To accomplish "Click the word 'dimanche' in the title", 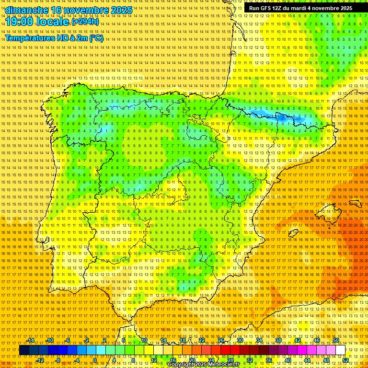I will (27, 10).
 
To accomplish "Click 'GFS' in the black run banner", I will (268, 8).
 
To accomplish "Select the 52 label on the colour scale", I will (345, 360).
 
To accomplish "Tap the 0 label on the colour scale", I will (95, 360).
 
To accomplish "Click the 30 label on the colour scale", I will (240, 340).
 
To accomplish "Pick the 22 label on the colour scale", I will (202, 340).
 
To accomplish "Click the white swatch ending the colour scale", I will (340, 350).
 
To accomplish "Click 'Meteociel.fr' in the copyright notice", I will (223, 365).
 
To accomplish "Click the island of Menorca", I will (356, 203).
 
